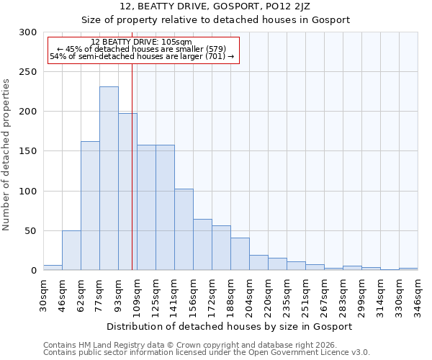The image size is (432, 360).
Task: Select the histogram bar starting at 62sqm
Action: click(x=90, y=206)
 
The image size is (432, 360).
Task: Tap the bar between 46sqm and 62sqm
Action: click(x=71, y=251)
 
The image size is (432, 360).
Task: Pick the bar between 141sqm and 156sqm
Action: click(x=184, y=230)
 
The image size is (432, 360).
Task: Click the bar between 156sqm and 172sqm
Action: click(x=202, y=245)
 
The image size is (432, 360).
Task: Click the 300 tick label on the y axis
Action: click(x=27, y=32)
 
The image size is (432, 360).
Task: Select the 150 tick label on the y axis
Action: click(x=27, y=151)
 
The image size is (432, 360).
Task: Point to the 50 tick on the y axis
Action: click(x=30, y=231)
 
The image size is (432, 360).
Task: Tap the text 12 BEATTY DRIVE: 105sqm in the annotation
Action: click(x=142, y=42)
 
